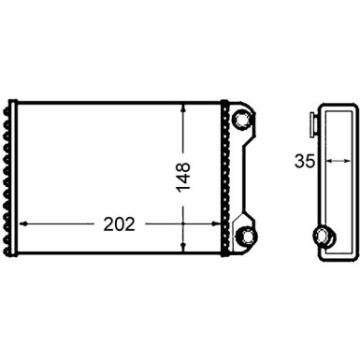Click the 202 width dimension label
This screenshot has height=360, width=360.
tap(119, 224)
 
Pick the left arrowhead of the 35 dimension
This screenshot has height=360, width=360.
tap(321, 160)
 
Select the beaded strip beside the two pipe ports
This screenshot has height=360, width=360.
tap(225, 178)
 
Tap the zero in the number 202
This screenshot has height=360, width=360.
tap(119, 224)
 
